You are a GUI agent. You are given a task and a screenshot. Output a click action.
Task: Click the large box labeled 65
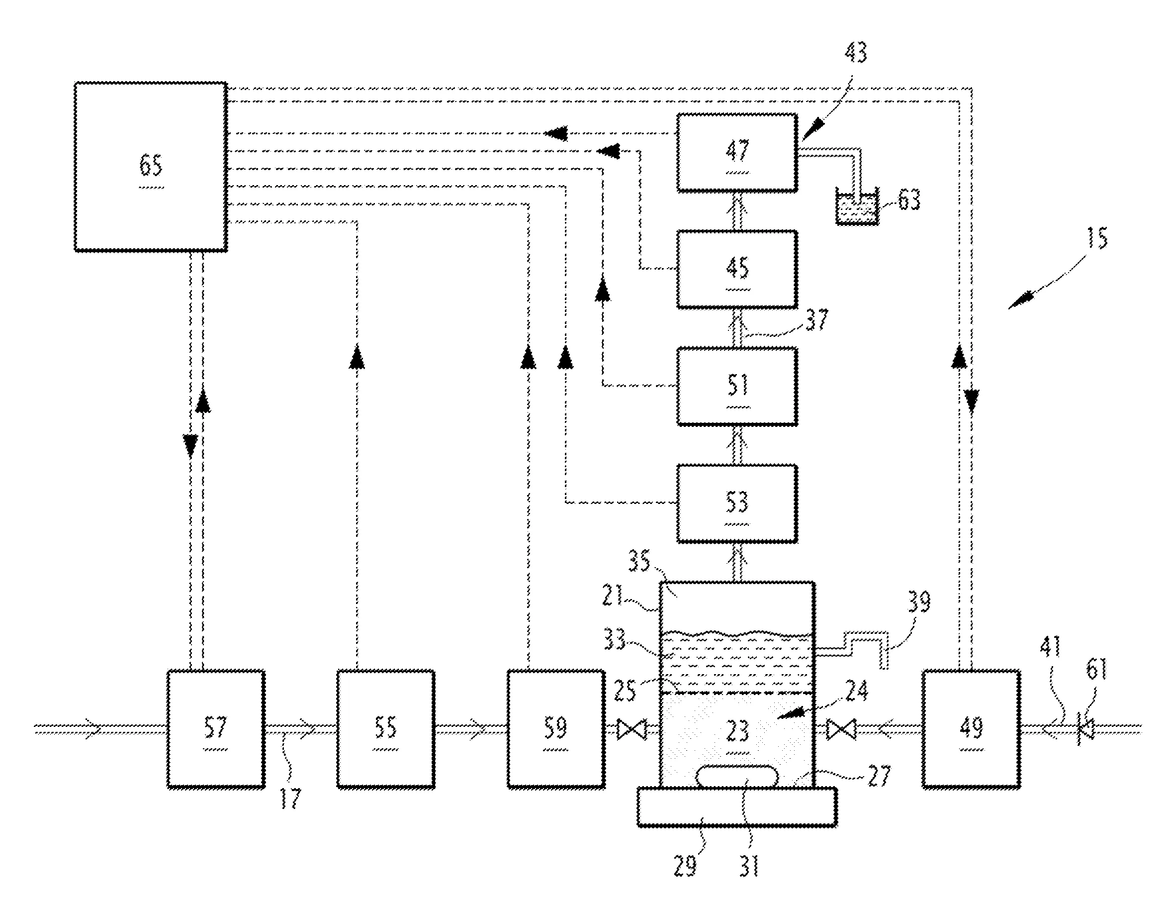click(151, 166)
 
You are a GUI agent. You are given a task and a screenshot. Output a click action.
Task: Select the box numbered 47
click(737, 152)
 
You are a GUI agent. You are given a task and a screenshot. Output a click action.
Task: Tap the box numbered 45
click(737, 269)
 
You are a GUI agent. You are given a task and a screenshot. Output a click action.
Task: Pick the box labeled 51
click(737, 387)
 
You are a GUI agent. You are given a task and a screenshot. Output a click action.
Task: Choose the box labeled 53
click(737, 503)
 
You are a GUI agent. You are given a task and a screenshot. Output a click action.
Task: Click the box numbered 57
click(216, 729)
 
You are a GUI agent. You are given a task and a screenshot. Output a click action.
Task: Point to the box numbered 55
click(385, 729)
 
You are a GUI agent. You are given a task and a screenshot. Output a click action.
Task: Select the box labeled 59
click(556, 729)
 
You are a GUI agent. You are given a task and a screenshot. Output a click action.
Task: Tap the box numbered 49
click(971, 729)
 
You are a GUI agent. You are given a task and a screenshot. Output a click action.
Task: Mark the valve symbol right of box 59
click(632, 729)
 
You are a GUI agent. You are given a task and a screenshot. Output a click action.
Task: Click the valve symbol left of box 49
click(841, 729)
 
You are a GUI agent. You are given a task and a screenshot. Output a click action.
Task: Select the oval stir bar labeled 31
click(737, 777)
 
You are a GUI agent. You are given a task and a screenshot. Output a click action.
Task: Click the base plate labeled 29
click(737, 807)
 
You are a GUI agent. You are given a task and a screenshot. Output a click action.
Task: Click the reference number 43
click(856, 53)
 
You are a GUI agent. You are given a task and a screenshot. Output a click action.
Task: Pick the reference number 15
click(1097, 238)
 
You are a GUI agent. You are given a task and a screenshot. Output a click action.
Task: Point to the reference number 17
click(290, 799)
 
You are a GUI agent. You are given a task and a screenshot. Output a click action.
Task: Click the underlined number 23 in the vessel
click(737, 731)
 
